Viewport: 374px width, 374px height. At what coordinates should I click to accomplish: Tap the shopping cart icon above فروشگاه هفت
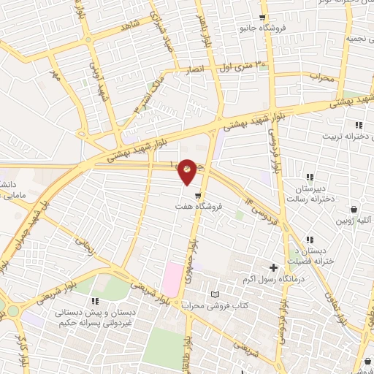click(x=197, y=194)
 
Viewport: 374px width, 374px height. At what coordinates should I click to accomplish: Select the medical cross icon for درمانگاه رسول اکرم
click(x=274, y=269)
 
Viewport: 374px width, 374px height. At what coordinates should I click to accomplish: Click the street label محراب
click(x=321, y=76)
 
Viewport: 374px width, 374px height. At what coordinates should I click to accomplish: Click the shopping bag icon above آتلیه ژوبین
click(x=354, y=208)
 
